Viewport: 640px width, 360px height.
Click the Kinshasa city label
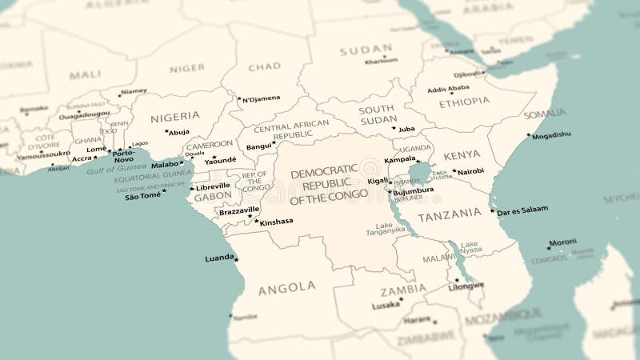tap(277, 222)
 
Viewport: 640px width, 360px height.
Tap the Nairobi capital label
tap(470, 170)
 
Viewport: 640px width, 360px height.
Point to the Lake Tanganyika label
tap(386, 229)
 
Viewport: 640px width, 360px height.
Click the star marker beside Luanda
tap(236, 259)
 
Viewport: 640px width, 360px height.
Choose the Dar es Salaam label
tap(522, 210)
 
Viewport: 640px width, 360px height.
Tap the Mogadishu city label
tap(552, 135)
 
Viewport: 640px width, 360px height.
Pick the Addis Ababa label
tap(448, 89)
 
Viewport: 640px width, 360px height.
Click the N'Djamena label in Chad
tap(262, 98)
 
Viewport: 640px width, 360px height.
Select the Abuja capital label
tap(179, 132)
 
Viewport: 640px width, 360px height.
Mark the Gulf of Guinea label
tap(117, 170)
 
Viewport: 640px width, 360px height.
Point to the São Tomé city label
tap(143, 196)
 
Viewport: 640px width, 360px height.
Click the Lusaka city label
tap(386, 306)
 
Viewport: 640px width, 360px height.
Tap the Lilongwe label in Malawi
tap(466, 286)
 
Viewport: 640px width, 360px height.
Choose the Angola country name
tap(286, 287)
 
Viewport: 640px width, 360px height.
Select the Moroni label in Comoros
tap(563, 241)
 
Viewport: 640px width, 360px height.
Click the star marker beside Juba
tap(394, 128)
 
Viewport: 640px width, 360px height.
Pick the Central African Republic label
tap(291, 129)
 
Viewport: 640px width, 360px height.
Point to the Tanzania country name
tap(450, 214)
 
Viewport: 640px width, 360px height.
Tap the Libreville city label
tap(214, 186)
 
